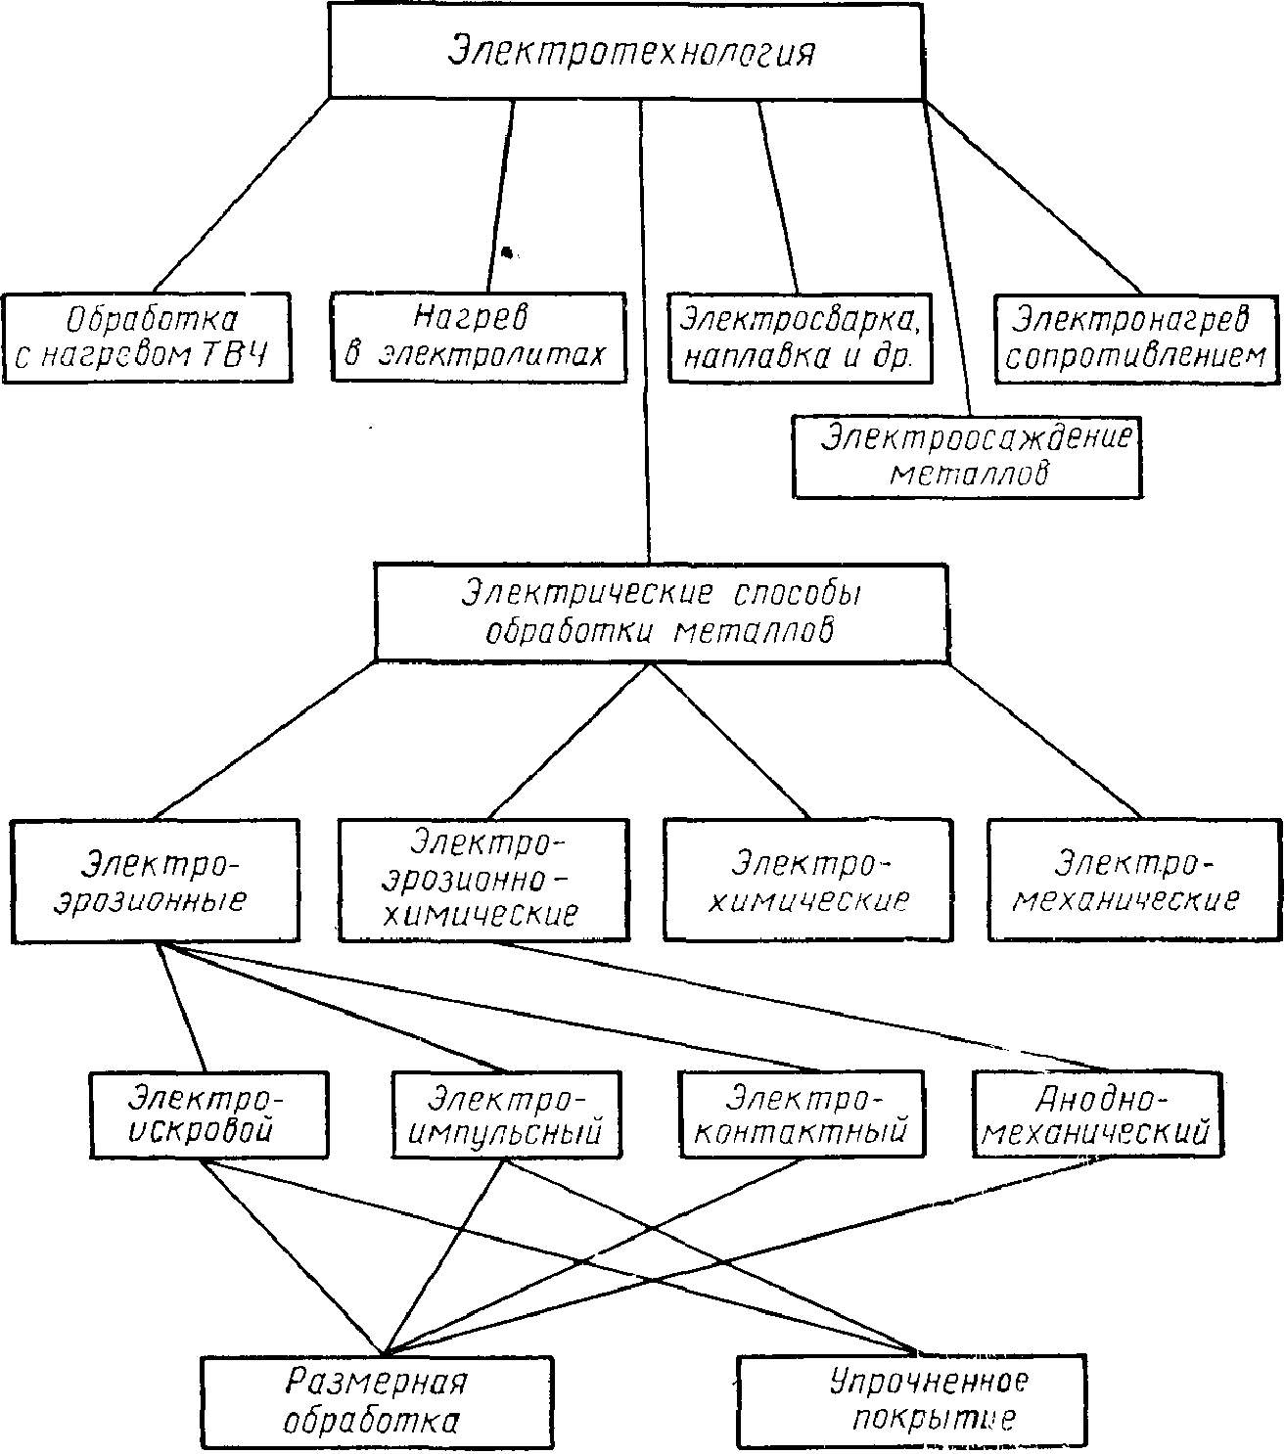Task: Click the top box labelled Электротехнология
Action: [x=626, y=50]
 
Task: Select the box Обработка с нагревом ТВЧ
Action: [x=147, y=337]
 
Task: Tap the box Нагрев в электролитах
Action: [x=478, y=337]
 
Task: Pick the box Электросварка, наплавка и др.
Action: [x=799, y=338]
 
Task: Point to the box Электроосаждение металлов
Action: [x=967, y=456]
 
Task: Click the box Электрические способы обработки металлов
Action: [x=662, y=613]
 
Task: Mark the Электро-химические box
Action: [x=807, y=881]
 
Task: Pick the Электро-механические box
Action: [x=1133, y=881]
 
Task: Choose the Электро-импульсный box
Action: [x=505, y=1115]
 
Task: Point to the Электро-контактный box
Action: [x=801, y=1115]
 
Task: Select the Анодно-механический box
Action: [x=1098, y=1115]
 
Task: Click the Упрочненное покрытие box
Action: [x=928, y=1401]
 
